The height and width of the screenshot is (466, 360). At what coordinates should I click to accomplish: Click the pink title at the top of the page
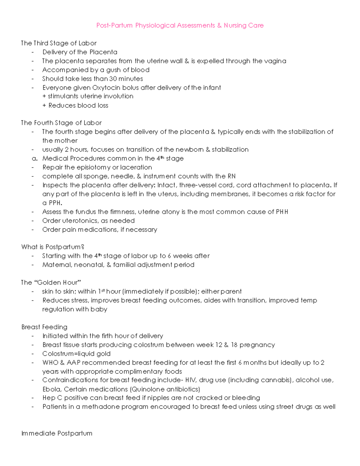tap(180, 26)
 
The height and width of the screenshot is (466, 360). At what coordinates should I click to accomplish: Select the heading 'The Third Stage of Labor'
tap(58, 43)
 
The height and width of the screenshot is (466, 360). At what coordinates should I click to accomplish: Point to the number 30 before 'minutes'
tap(113, 79)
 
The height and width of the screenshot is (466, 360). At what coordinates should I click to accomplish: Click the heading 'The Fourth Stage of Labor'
tap(61, 123)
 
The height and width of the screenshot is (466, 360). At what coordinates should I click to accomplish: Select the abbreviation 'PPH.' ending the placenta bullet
tap(55, 203)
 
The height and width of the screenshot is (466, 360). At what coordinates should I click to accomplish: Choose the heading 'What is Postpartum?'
tap(52, 247)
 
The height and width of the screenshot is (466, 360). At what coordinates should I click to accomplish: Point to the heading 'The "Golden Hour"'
tap(51, 282)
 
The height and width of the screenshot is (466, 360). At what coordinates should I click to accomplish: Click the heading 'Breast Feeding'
tap(44, 327)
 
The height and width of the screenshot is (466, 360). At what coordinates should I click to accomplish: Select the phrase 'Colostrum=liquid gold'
tap(76, 353)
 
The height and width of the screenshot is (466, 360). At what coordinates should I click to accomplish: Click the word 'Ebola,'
tap(52, 389)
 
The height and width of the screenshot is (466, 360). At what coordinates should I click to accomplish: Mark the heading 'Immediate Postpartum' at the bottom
tap(57, 433)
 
